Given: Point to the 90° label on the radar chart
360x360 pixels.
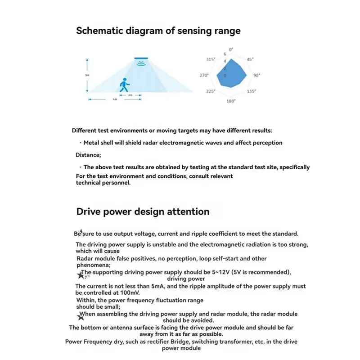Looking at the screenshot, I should coord(256,76).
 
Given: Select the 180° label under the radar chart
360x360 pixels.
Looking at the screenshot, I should coord(231,101).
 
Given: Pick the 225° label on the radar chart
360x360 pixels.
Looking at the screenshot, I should coord(210,91).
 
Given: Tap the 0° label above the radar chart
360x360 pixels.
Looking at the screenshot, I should coord(231,49).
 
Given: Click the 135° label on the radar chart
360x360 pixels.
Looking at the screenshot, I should coord(252,91).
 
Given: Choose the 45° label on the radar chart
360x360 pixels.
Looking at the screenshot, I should coord(250,59).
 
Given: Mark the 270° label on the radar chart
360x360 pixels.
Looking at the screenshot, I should coord(205,76).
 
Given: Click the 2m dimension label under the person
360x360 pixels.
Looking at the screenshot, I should coord(130,95).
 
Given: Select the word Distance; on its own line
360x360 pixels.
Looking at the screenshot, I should coord(87,155).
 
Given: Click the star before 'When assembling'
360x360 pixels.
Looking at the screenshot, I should coord(81,317).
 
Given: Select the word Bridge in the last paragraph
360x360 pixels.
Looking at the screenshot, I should coord(166,342).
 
